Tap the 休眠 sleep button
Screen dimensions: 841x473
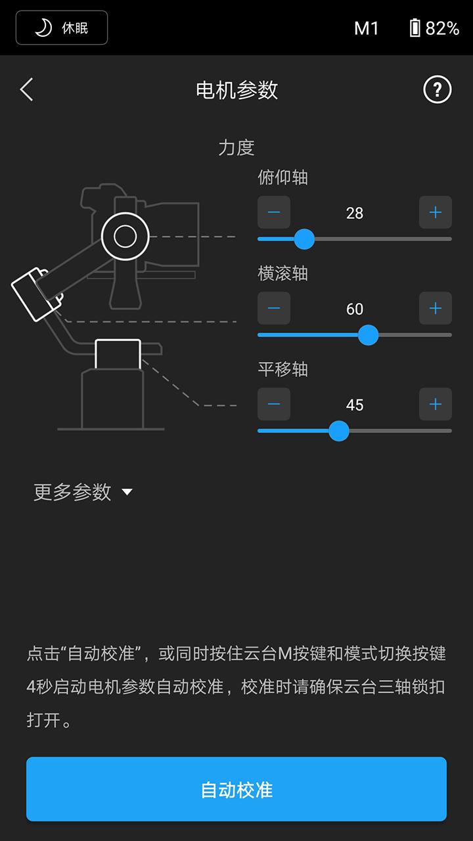62,28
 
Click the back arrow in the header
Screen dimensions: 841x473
26,89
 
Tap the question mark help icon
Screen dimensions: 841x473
438,89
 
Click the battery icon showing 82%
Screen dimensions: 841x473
415,28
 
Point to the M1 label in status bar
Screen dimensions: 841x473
367,28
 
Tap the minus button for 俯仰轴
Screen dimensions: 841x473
274,212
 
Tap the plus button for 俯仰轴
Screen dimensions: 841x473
436,212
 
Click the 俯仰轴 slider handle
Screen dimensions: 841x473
304,239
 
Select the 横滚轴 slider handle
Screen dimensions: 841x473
368,335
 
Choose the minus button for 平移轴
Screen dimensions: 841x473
274,404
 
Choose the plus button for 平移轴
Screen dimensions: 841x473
436,404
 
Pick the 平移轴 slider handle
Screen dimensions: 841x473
338,431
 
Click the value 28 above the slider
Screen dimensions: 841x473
355,213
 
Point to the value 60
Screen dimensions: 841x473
355,309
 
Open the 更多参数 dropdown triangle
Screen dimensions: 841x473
127,492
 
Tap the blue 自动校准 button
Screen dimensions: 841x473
236,789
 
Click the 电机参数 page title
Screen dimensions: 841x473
236,90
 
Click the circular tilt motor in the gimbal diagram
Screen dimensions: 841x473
125,236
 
